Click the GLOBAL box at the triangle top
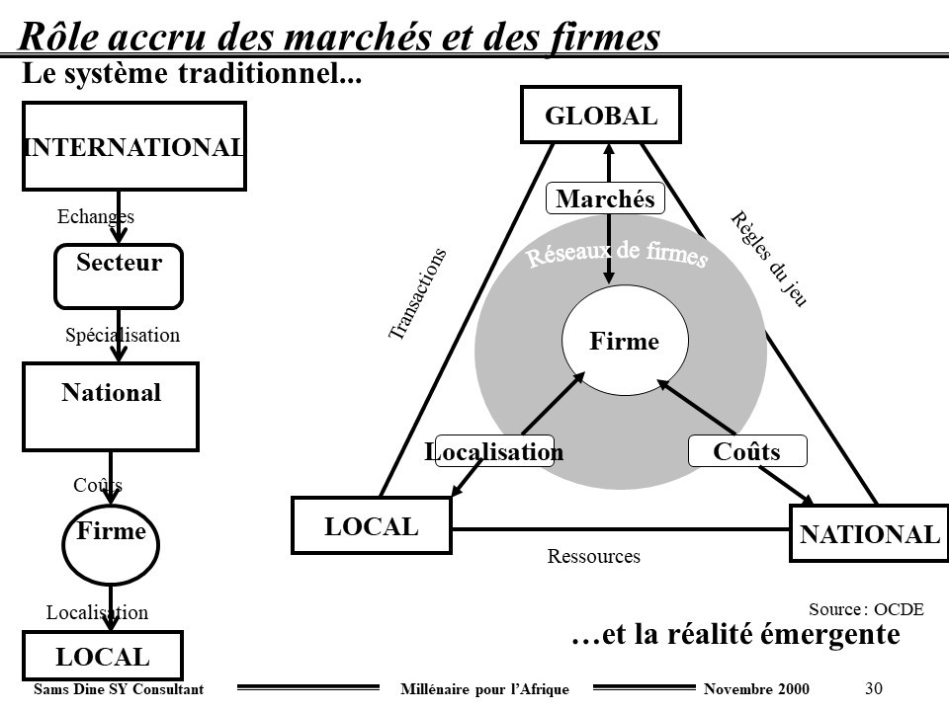(x=601, y=115)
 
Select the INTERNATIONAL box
(x=133, y=146)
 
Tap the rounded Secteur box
(x=119, y=276)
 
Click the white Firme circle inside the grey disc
(x=625, y=342)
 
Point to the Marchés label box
(x=606, y=198)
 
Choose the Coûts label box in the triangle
(x=747, y=451)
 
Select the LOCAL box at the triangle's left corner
(x=372, y=525)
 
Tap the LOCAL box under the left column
(x=103, y=656)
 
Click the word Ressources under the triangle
(x=594, y=557)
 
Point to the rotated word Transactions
(x=417, y=294)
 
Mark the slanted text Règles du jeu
(x=768, y=259)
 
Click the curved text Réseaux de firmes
(x=617, y=254)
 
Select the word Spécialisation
(x=123, y=335)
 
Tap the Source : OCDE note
(x=866, y=609)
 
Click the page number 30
(x=873, y=687)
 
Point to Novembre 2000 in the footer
(x=755, y=688)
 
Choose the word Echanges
(x=96, y=216)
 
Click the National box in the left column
(x=111, y=406)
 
